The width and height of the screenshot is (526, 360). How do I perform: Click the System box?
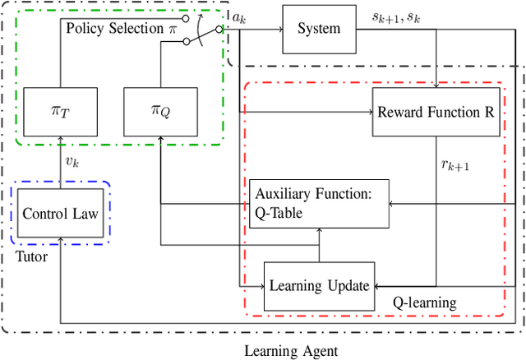(319, 29)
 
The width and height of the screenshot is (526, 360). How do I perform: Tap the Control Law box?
(61, 214)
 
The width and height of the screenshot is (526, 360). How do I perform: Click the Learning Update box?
(317, 285)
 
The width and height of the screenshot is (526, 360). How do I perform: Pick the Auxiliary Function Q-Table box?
(317, 204)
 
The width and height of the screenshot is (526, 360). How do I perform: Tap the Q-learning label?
(423, 302)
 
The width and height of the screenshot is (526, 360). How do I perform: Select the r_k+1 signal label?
(454, 164)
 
